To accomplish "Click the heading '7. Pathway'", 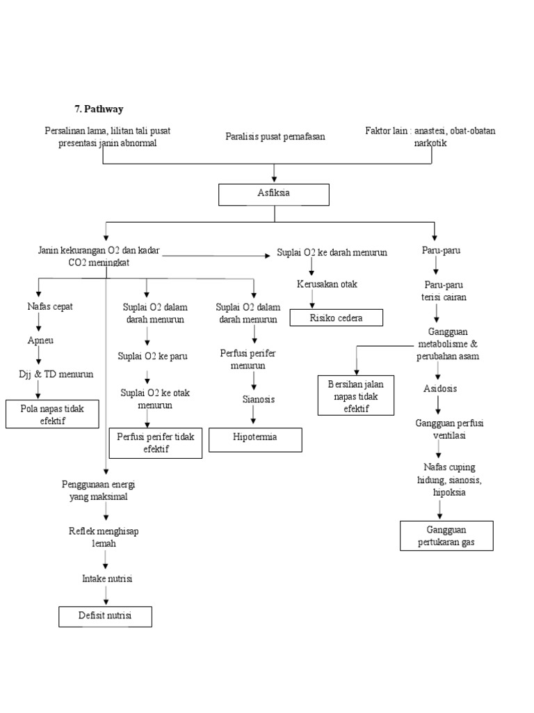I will click(x=99, y=109).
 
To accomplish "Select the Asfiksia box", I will click(x=273, y=194).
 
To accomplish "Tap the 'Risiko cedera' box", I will click(x=336, y=318).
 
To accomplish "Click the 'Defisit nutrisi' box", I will click(x=104, y=617).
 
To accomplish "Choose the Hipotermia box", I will click(x=255, y=439).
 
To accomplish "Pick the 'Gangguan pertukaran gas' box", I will click(x=446, y=535).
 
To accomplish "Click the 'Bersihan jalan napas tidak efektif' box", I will click(x=356, y=395).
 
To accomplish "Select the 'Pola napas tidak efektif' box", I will click(x=52, y=414).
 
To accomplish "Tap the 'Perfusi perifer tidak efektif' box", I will click(x=156, y=444).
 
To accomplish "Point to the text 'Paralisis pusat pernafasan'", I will click(x=275, y=136).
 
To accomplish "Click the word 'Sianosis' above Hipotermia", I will click(x=259, y=399).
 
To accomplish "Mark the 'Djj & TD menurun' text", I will click(x=56, y=374).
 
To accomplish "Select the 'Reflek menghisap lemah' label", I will click(x=104, y=537).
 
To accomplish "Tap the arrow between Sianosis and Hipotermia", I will click(x=254, y=416).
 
